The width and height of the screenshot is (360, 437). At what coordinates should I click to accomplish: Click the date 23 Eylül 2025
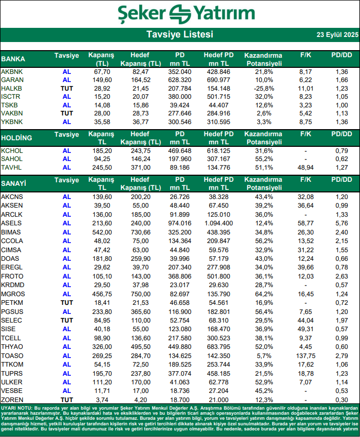(x=337, y=35)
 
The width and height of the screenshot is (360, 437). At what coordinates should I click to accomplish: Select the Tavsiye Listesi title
(x=180, y=35)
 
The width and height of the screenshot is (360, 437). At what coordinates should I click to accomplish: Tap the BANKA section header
(x=14, y=59)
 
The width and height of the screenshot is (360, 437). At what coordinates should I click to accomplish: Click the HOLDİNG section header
(x=17, y=138)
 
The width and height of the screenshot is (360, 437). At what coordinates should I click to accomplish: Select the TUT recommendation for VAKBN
(x=67, y=113)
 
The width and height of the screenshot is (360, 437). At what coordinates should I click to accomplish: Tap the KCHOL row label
(x=12, y=151)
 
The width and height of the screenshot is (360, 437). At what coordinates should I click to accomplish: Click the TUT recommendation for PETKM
(x=67, y=302)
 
